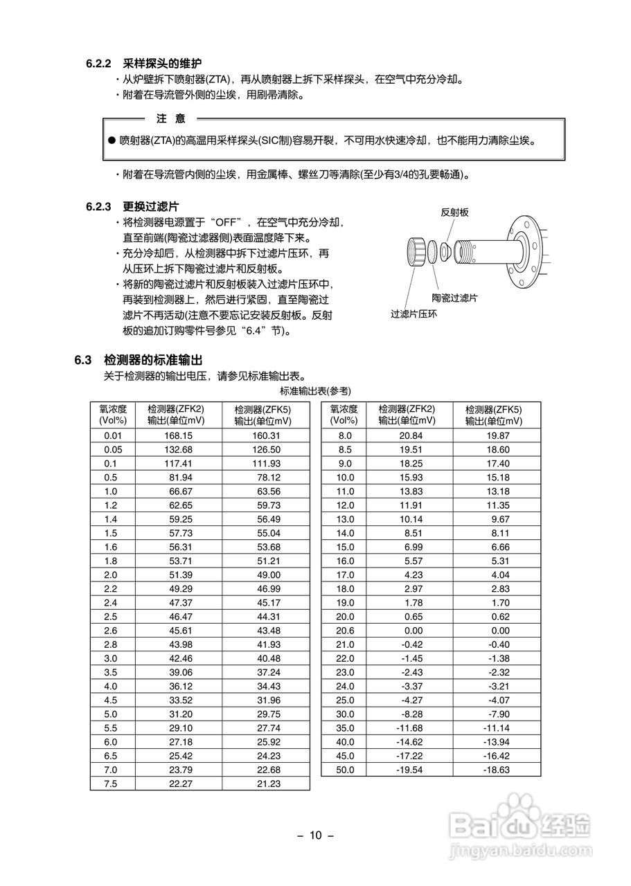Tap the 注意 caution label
171,118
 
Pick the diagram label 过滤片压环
414,314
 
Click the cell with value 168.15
178,435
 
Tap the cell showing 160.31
265,435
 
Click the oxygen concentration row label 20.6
344,631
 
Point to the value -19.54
409,769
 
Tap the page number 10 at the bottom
316,835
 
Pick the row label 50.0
344,769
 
